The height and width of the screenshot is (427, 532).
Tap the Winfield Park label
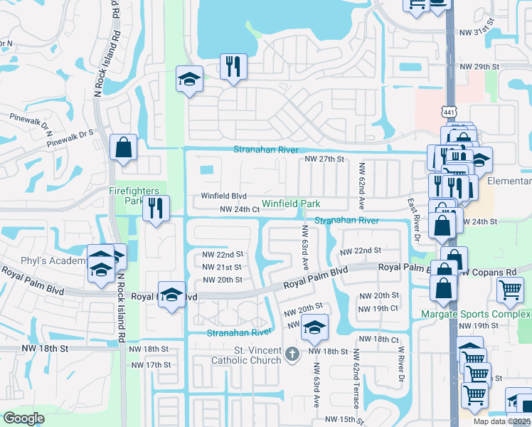(291, 204)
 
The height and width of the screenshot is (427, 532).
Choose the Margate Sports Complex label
(475, 314)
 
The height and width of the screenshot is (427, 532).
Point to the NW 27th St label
(324, 159)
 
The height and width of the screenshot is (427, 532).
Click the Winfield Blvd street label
(223, 196)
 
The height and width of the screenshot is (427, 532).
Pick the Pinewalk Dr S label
(70, 133)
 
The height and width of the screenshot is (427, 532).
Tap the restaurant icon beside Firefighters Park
(156, 209)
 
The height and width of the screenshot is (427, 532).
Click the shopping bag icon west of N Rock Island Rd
(124, 148)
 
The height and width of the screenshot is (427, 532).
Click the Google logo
(23, 418)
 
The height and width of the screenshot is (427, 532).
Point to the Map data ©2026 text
(501, 421)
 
